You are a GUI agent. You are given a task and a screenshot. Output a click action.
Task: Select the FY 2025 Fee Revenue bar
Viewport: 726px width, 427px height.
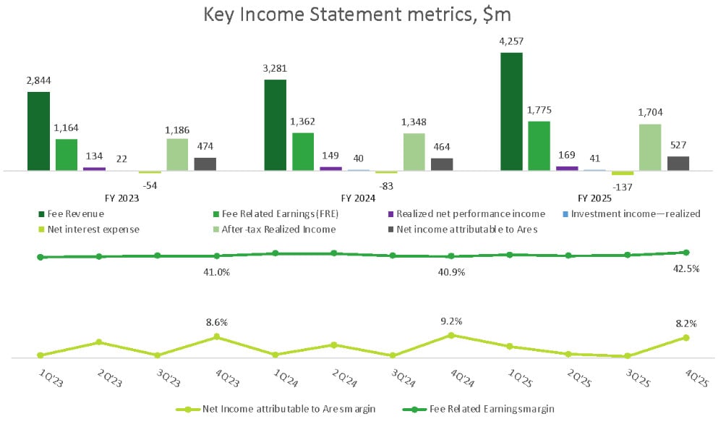pos(511,111)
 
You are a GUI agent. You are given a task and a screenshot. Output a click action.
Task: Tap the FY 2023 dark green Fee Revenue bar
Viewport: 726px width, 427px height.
pos(38,131)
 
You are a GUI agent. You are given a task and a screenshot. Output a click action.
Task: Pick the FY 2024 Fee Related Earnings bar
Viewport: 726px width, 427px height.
pos(303,152)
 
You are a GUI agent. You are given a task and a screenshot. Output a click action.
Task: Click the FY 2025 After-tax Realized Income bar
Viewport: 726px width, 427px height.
pos(650,148)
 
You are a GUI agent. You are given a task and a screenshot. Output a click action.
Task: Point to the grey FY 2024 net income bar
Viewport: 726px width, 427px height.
pos(442,164)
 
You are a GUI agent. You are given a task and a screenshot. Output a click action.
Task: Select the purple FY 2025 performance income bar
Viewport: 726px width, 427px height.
pos(567,168)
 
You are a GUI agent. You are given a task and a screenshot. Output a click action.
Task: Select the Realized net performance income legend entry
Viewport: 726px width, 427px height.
pos(469,214)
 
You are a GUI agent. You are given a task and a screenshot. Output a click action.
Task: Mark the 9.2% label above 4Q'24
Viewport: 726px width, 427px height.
pos(451,321)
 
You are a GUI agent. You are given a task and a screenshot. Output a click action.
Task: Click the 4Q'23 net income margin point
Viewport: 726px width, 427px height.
pos(216,337)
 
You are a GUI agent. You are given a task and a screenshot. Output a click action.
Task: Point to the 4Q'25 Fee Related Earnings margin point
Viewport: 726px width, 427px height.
pos(686,253)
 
